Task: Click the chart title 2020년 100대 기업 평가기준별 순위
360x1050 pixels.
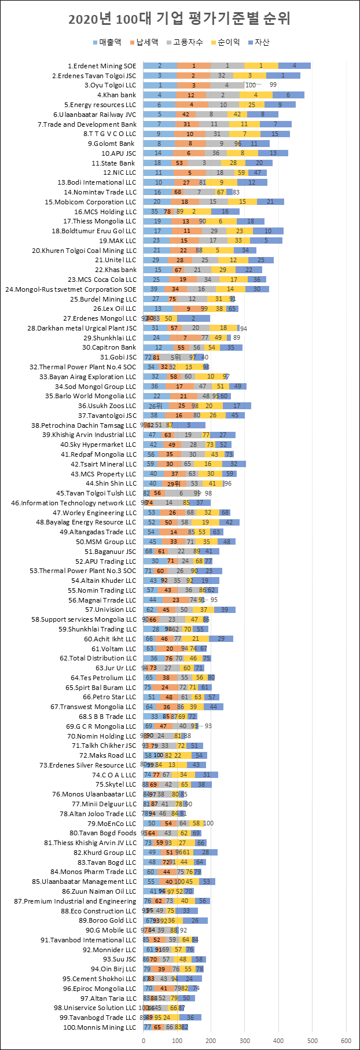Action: click(x=179, y=19)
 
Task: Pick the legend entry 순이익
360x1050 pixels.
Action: click(x=226, y=42)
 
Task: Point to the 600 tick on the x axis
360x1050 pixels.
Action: click(x=347, y=1040)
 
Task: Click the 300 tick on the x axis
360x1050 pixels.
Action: click(x=245, y=1040)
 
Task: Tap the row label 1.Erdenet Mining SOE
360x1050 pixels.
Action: click(x=102, y=66)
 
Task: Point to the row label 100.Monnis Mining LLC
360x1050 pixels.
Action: click(x=100, y=1027)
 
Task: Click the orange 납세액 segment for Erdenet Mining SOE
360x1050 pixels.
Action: click(x=193, y=66)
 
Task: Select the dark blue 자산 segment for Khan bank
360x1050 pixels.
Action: click(x=288, y=95)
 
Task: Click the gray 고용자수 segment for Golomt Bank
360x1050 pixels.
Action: click(x=221, y=144)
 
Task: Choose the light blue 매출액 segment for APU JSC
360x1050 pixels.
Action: click(x=157, y=153)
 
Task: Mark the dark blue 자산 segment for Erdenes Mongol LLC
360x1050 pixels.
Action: click(x=193, y=318)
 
